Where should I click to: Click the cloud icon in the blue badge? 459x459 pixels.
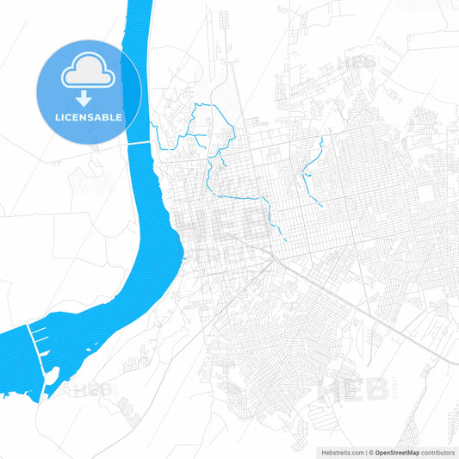[x=89, y=75]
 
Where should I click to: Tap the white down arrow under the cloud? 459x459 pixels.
[x=89, y=96]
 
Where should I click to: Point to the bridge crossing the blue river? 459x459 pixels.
[x=140, y=144]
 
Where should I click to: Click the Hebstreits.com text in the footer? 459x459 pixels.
[x=339, y=451]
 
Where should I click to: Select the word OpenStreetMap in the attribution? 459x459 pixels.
[x=395, y=451]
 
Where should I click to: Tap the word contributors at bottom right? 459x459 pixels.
[x=436, y=451]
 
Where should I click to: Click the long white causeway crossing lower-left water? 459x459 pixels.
[x=39, y=354]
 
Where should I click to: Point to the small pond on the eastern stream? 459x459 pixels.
[x=305, y=177]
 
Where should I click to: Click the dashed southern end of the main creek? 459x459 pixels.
[x=281, y=232]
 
